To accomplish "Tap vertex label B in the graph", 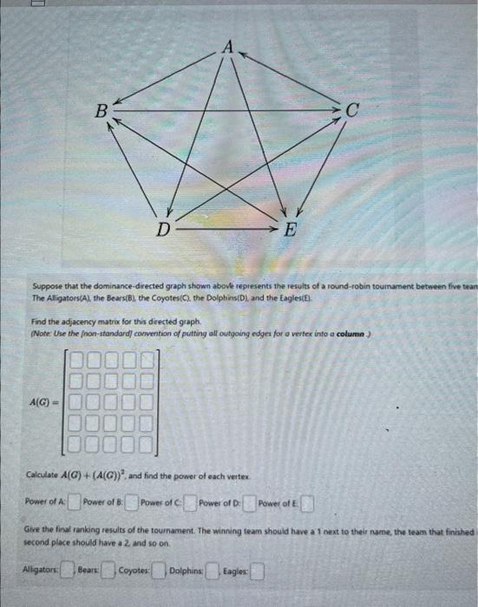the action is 101,110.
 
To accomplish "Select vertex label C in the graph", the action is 351,110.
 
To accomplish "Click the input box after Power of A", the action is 75,501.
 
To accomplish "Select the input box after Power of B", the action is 134,501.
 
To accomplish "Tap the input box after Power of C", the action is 190,502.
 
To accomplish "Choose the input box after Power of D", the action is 249,502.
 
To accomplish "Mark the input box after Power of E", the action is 307,503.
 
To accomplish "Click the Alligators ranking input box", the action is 64,571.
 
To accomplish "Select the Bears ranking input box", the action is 108,571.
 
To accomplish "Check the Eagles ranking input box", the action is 258,571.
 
